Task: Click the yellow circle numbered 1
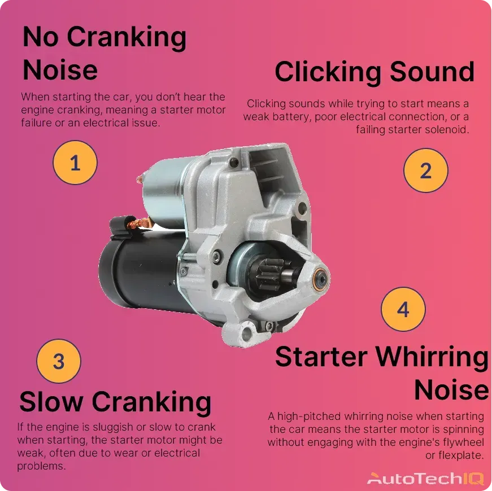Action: click(75, 163)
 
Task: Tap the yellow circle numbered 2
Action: click(426, 170)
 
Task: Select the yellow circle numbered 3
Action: click(59, 361)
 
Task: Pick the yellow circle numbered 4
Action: click(403, 309)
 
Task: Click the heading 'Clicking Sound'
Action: click(374, 72)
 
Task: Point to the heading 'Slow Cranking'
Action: click(115, 402)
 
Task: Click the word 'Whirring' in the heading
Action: click(433, 357)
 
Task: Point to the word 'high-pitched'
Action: click(310, 417)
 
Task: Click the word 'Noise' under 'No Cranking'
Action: click(60, 71)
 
